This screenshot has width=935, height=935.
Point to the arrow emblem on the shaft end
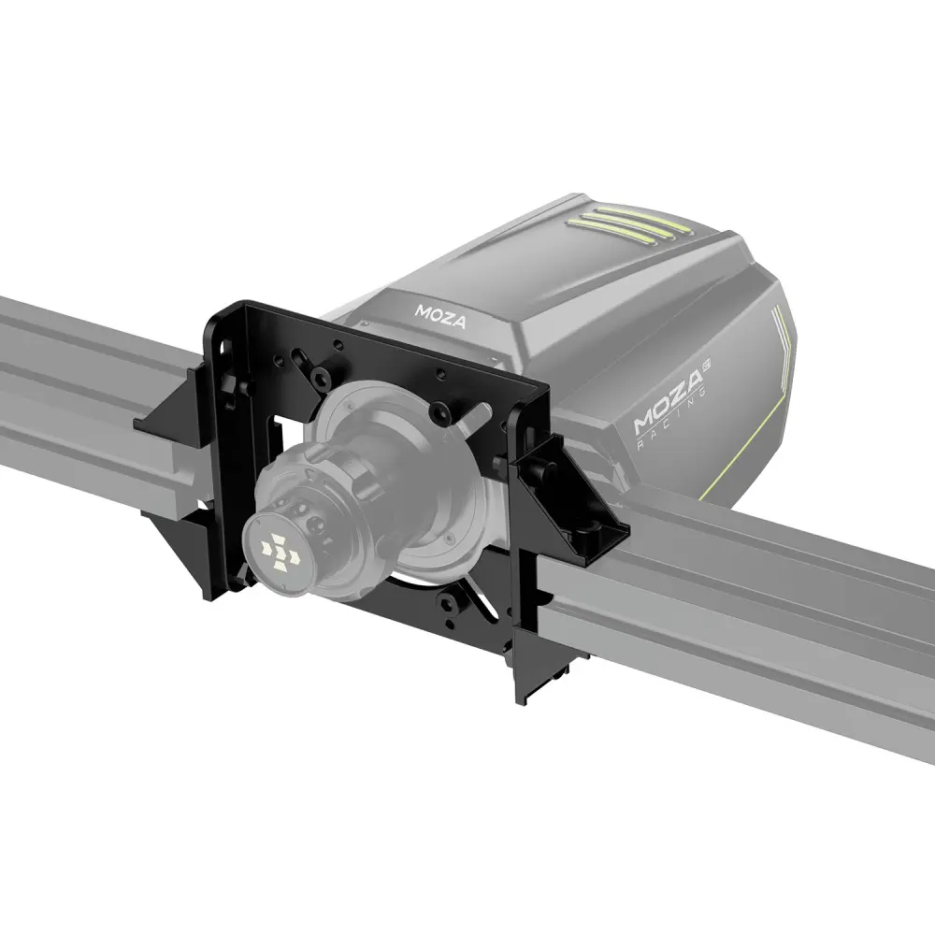click(279, 552)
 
